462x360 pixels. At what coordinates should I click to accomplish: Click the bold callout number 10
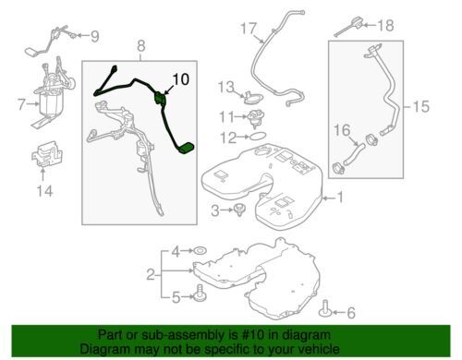point(181,79)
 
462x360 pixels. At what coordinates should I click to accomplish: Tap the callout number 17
point(249,29)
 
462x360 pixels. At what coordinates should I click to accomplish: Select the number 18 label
point(385,25)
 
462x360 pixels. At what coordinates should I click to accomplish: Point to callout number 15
point(420,106)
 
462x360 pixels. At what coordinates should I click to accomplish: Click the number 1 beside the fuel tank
point(340,198)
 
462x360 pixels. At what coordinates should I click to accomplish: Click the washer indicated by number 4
point(201,251)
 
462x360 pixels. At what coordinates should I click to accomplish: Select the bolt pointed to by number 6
point(325,308)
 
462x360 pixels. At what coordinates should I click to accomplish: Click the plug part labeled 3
point(240,210)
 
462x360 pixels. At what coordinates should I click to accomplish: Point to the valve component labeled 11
point(255,119)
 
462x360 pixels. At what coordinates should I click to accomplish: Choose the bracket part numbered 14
point(47,154)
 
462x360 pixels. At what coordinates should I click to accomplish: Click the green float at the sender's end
point(186,149)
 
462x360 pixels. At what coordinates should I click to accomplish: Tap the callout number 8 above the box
point(140,46)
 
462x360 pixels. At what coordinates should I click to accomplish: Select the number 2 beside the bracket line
point(151,274)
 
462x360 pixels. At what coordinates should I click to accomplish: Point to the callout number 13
point(226,87)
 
